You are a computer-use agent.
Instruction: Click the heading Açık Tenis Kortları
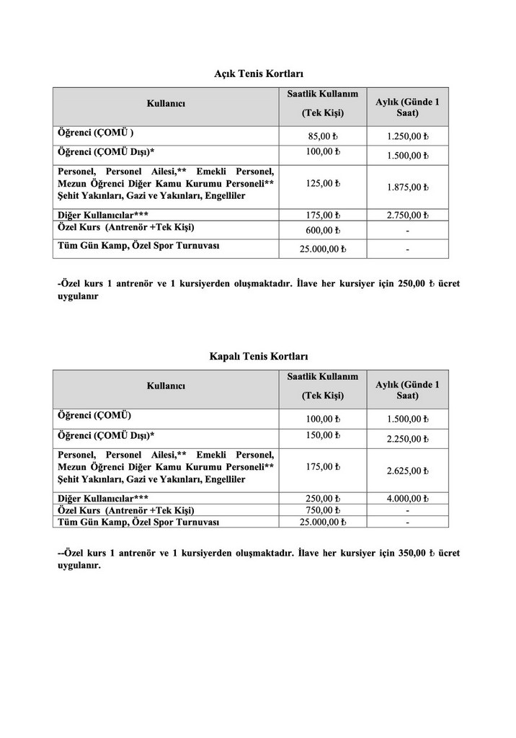pos(259,74)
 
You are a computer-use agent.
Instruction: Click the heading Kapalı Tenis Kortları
pos(259,356)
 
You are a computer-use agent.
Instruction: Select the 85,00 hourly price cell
pos(323,135)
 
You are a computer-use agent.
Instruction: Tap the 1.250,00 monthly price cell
pos(407,136)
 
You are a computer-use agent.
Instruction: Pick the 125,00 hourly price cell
pos(323,183)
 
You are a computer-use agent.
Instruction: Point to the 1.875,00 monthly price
pos(407,187)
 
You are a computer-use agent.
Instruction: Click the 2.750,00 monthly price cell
pos(407,215)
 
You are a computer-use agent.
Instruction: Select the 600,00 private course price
pos(323,230)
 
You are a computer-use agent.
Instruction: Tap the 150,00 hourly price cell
pos(323,435)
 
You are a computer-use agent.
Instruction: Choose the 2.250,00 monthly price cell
pos(407,439)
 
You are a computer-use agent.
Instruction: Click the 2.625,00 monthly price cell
pos(407,471)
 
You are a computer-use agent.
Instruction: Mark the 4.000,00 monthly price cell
pos(407,498)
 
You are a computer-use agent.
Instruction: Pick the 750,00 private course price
pos(323,510)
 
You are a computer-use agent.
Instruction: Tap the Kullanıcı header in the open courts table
pos(166,104)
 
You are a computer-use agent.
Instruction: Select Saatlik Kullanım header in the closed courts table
pos(322,376)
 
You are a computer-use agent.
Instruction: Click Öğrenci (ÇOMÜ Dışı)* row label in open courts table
pos(106,151)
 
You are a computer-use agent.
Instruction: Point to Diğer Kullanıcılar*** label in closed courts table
pos(103,498)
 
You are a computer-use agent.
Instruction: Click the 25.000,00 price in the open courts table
pos(323,249)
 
